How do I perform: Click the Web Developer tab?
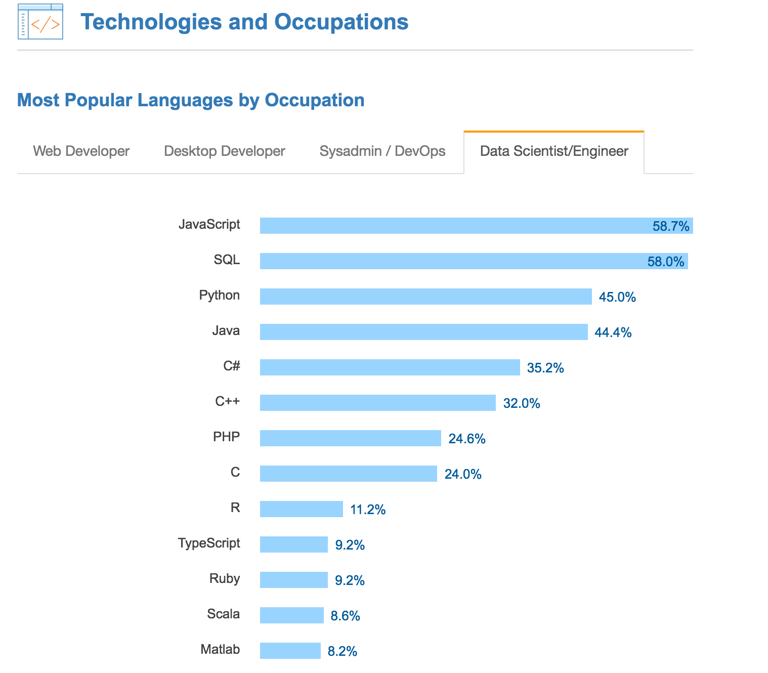click(81, 151)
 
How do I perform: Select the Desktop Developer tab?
click(224, 151)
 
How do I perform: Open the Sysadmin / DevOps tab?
click(382, 151)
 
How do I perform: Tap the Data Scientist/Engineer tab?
click(554, 151)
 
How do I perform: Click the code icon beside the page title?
click(40, 22)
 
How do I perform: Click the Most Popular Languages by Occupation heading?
click(191, 100)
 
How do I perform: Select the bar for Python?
click(425, 297)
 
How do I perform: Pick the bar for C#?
click(390, 367)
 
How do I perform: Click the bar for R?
click(301, 509)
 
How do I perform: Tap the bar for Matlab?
click(290, 651)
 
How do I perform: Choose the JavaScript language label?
click(209, 224)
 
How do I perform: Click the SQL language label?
click(227, 260)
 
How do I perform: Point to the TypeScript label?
click(209, 543)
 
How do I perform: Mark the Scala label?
click(223, 614)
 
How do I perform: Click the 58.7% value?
click(671, 226)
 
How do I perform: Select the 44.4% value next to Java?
click(613, 332)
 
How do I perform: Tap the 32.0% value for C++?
click(522, 403)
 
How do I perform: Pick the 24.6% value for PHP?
click(467, 439)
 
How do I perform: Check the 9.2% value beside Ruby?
click(350, 580)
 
